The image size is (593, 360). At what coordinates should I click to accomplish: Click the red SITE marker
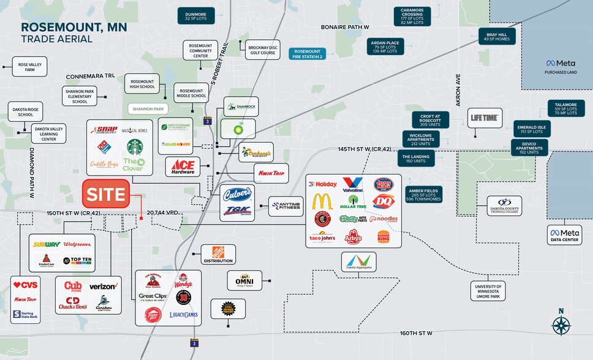pos(106,194)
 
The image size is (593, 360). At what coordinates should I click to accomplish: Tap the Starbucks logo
pos(135,147)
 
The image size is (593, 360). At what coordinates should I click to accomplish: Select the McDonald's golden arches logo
pos(322,201)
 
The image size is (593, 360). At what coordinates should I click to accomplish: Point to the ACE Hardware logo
pos(183,167)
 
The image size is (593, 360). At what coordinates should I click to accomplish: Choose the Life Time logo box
pos(485,118)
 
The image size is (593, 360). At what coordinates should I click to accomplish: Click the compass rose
pos(561,324)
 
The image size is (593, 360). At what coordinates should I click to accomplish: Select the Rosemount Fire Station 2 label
pos(307,54)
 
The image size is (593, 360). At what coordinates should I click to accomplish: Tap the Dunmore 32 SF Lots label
pos(196,16)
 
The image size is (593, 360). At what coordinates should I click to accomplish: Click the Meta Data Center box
pos(564,235)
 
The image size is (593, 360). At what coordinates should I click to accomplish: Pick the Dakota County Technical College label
pos(504,206)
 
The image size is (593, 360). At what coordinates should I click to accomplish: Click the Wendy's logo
pos(183,280)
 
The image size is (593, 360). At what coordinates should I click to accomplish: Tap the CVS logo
pos(26,285)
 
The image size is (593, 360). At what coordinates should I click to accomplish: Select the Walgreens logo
pos(78,244)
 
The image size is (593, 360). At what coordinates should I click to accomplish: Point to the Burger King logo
pos(383,236)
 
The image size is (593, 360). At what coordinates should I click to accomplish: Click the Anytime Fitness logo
pos(286,206)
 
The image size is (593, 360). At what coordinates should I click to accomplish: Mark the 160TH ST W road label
pos(417,333)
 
